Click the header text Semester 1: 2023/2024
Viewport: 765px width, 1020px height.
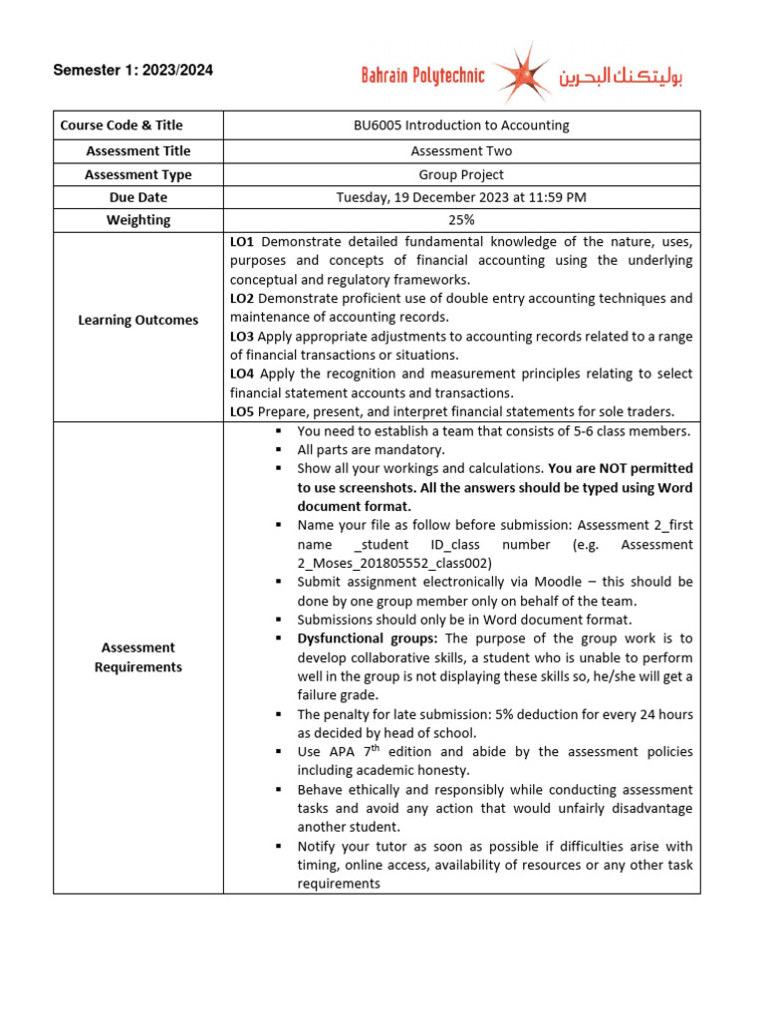point(132,71)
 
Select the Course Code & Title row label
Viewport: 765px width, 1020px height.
point(122,126)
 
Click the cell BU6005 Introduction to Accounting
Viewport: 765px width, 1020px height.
point(461,126)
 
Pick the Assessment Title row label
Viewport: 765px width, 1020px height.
point(137,150)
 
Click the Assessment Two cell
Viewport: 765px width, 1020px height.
point(461,150)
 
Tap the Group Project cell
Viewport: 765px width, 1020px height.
point(461,174)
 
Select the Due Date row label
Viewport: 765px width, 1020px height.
point(137,197)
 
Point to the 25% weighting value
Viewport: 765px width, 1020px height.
point(461,220)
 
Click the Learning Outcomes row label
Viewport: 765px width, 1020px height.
point(137,320)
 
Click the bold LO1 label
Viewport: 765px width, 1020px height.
point(243,242)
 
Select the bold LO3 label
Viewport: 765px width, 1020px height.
point(243,337)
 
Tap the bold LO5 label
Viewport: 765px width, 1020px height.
point(243,411)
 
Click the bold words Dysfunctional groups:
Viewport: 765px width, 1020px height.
point(369,638)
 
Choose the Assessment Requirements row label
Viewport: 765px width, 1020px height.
point(137,657)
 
